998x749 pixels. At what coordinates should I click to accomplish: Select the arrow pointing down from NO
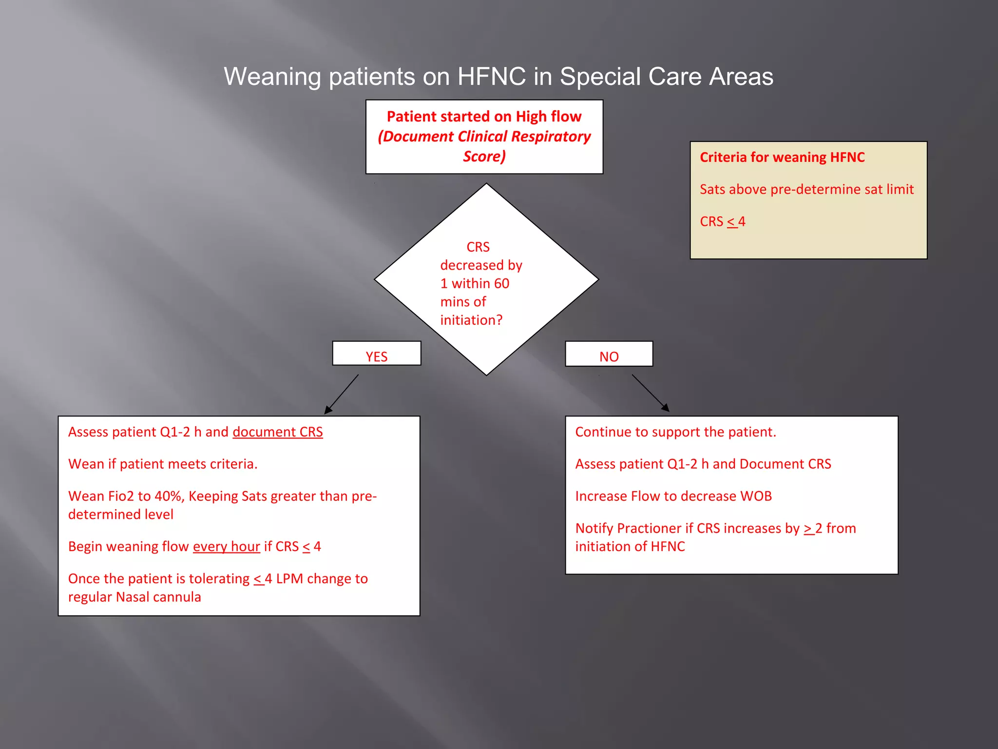(x=651, y=393)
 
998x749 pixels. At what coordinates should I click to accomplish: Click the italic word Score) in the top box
(x=484, y=157)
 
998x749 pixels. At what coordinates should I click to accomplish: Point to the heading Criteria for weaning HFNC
(x=782, y=158)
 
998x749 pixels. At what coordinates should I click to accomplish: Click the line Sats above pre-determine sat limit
(x=806, y=189)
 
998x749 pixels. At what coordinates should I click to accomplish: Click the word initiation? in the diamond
(x=471, y=320)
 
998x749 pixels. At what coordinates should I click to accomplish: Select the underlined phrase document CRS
(x=278, y=432)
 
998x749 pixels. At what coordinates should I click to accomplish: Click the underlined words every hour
(x=226, y=547)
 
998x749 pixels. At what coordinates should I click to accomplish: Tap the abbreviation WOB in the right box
(x=756, y=496)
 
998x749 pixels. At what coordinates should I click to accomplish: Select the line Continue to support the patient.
(x=675, y=432)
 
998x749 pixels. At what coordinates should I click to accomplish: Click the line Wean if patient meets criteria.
(x=163, y=464)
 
